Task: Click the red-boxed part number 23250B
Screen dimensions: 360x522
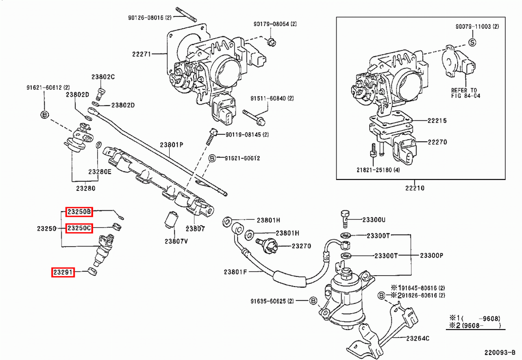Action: (79, 212)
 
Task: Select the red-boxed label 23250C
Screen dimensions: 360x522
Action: (79, 228)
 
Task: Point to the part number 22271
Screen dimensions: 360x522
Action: (141, 53)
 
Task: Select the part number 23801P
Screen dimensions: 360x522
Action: (171, 145)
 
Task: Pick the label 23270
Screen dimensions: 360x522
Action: (301, 246)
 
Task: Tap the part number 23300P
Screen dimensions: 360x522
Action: (432, 255)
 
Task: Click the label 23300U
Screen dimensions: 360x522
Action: (374, 220)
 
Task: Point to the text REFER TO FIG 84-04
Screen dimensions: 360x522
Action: (464, 92)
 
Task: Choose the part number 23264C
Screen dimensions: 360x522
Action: (418, 338)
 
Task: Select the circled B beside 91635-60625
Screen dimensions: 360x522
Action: (313, 301)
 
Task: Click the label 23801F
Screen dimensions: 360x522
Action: (235, 271)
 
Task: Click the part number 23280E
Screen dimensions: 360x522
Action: (100, 171)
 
